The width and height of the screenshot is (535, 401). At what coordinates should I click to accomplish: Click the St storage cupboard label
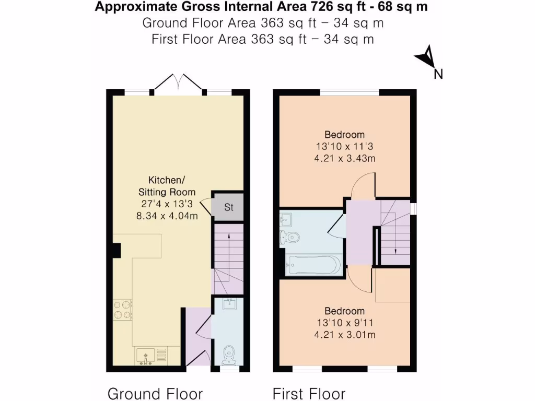point(228,207)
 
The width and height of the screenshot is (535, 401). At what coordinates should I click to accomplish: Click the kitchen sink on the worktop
point(146,356)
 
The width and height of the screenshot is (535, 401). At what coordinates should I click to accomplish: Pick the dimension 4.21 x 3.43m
point(344,158)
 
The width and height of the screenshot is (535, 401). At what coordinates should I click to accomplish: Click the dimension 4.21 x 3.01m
point(344,334)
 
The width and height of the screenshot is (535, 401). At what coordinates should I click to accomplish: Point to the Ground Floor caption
point(155,393)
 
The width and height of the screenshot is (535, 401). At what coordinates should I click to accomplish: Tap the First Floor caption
point(309,393)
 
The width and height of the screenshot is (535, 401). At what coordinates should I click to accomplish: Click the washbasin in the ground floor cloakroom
point(229,304)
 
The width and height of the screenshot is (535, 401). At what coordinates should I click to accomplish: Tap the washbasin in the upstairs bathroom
point(287,217)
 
